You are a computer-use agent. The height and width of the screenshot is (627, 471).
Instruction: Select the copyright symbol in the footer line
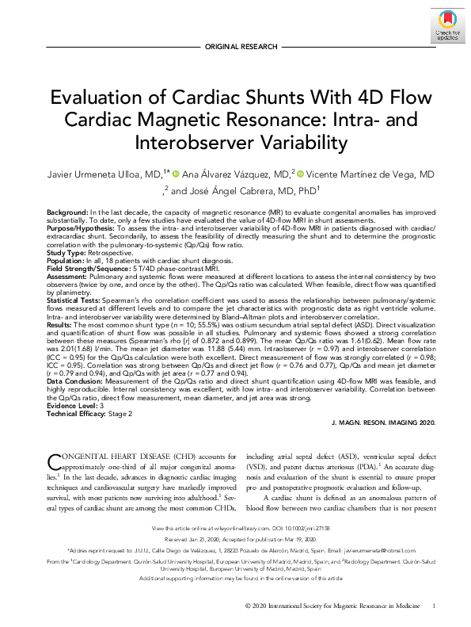(x=249, y=606)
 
